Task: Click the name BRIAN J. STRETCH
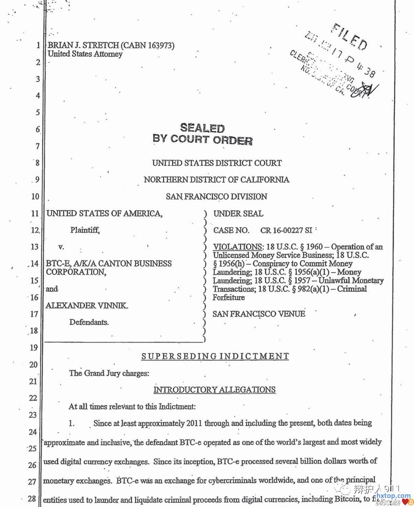click(x=82, y=45)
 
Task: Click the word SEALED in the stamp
click(x=202, y=128)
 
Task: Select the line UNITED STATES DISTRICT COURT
click(x=217, y=163)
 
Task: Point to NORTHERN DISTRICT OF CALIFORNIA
click(x=216, y=180)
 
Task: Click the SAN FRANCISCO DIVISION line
click(x=216, y=196)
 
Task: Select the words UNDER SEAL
click(x=238, y=214)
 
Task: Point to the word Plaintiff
click(x=85, y=230)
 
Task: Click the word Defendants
click(x=89, y=322)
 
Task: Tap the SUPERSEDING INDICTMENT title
click(x=215, y=356)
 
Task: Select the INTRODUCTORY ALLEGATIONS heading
click(x=214, y=390)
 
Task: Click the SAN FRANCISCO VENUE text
click(x=258, y=314)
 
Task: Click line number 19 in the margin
click(x=33, y=348)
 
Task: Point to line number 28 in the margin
click(x=32, y=499)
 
